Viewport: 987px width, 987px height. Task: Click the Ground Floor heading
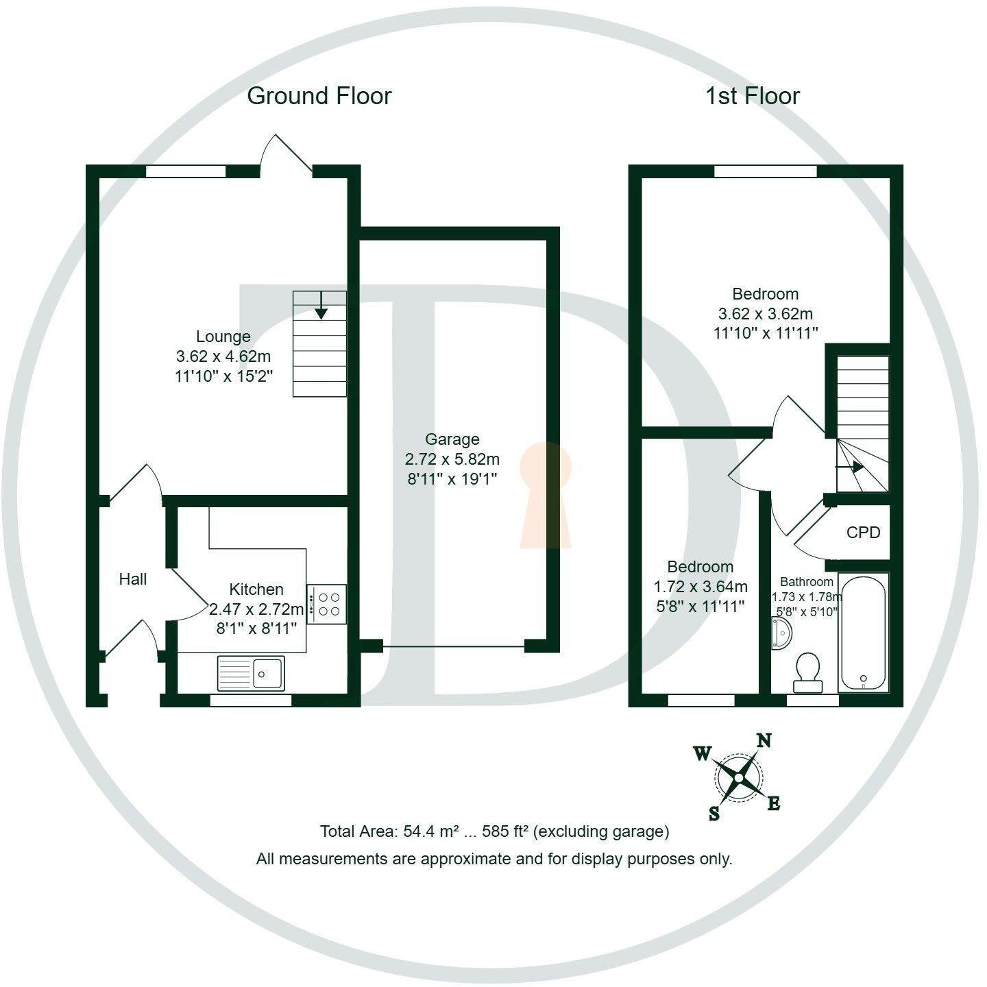(x=319, y=96)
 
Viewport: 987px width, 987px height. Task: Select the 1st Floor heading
(x=752, y=96)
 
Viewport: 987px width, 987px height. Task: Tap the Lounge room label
(x=223, y=337)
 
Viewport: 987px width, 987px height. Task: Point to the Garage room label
(x=452, y=439)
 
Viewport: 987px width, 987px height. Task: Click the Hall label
(x=132, y=579)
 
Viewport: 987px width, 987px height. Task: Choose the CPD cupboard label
(x=863, y=533)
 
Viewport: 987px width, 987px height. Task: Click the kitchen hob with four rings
(x=327, y=604)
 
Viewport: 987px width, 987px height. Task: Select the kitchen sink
(x=251, y=672)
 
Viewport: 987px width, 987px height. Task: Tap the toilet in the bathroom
(x=807, y=672)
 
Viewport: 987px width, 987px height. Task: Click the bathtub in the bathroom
(x=863, y=631)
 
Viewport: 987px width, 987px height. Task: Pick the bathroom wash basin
(x=781, y=633)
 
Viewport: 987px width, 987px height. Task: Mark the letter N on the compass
(x=764, y=740)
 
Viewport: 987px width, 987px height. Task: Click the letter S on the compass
(x=714, y=814)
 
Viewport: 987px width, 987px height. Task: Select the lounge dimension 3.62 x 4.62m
(x=223, y=356)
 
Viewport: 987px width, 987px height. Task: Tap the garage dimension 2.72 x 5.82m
(x=452, y=459)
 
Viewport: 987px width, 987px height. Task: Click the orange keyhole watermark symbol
(x=545, y=495)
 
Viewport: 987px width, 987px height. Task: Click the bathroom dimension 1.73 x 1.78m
(x=806, y=597)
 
